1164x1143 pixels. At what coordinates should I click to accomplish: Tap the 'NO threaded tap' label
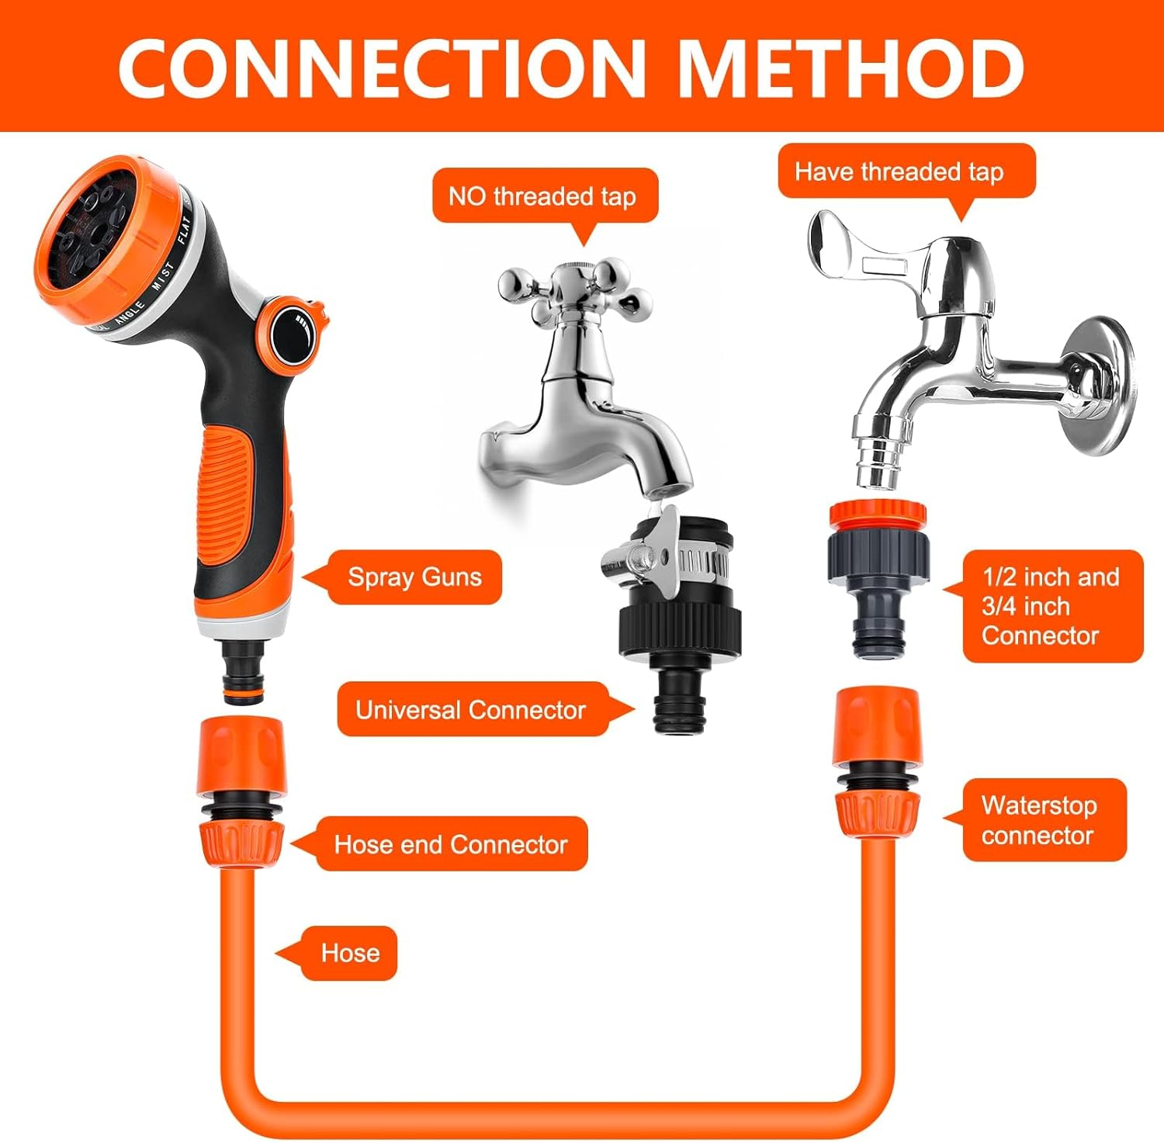[x=542, y=196]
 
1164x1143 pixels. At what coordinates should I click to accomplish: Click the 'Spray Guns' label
[x=414, y=577]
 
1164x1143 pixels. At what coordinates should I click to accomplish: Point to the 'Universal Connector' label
[x=471, y=710]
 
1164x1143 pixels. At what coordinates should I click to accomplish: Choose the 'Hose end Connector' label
[x=451, y=844]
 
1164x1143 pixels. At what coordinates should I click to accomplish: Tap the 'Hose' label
[x=350, y=953]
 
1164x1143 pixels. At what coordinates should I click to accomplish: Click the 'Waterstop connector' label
[x=1040, y=820]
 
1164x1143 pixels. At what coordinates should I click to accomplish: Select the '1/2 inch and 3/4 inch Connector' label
[x=1050, y=606]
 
